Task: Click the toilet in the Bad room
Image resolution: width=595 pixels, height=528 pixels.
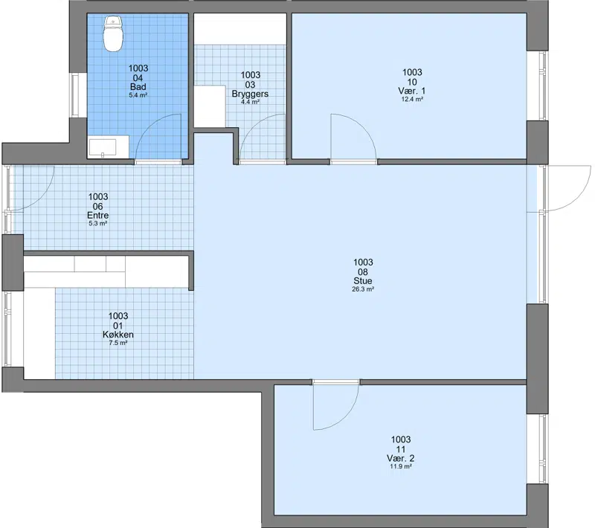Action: (114, 33)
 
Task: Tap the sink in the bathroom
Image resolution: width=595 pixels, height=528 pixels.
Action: (103, 147)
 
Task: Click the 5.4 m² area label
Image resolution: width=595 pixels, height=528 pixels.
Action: (138, 95)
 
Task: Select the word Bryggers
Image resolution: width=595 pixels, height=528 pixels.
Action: (250, 94)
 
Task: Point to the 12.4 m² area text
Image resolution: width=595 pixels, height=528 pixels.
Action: (412, 99)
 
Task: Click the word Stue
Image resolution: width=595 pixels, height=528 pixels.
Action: (363, 280)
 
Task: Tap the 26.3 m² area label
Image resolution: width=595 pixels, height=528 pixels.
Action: (363, 289)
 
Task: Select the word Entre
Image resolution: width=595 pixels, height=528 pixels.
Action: (98, 215)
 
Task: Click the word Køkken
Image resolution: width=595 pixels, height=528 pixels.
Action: (118, 335)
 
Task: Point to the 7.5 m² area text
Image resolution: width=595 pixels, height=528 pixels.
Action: (118, 343)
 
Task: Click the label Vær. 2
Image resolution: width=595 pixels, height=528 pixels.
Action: (401, 458)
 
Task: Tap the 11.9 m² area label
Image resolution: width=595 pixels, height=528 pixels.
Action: (401, 466)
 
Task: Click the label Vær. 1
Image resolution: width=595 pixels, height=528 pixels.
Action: (412, 91)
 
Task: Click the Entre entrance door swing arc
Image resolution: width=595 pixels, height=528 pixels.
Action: (42, 197)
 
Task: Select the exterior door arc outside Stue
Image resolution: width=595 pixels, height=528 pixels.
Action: (578, 197)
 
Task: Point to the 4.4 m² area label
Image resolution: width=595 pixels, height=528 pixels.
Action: (250, 102)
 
